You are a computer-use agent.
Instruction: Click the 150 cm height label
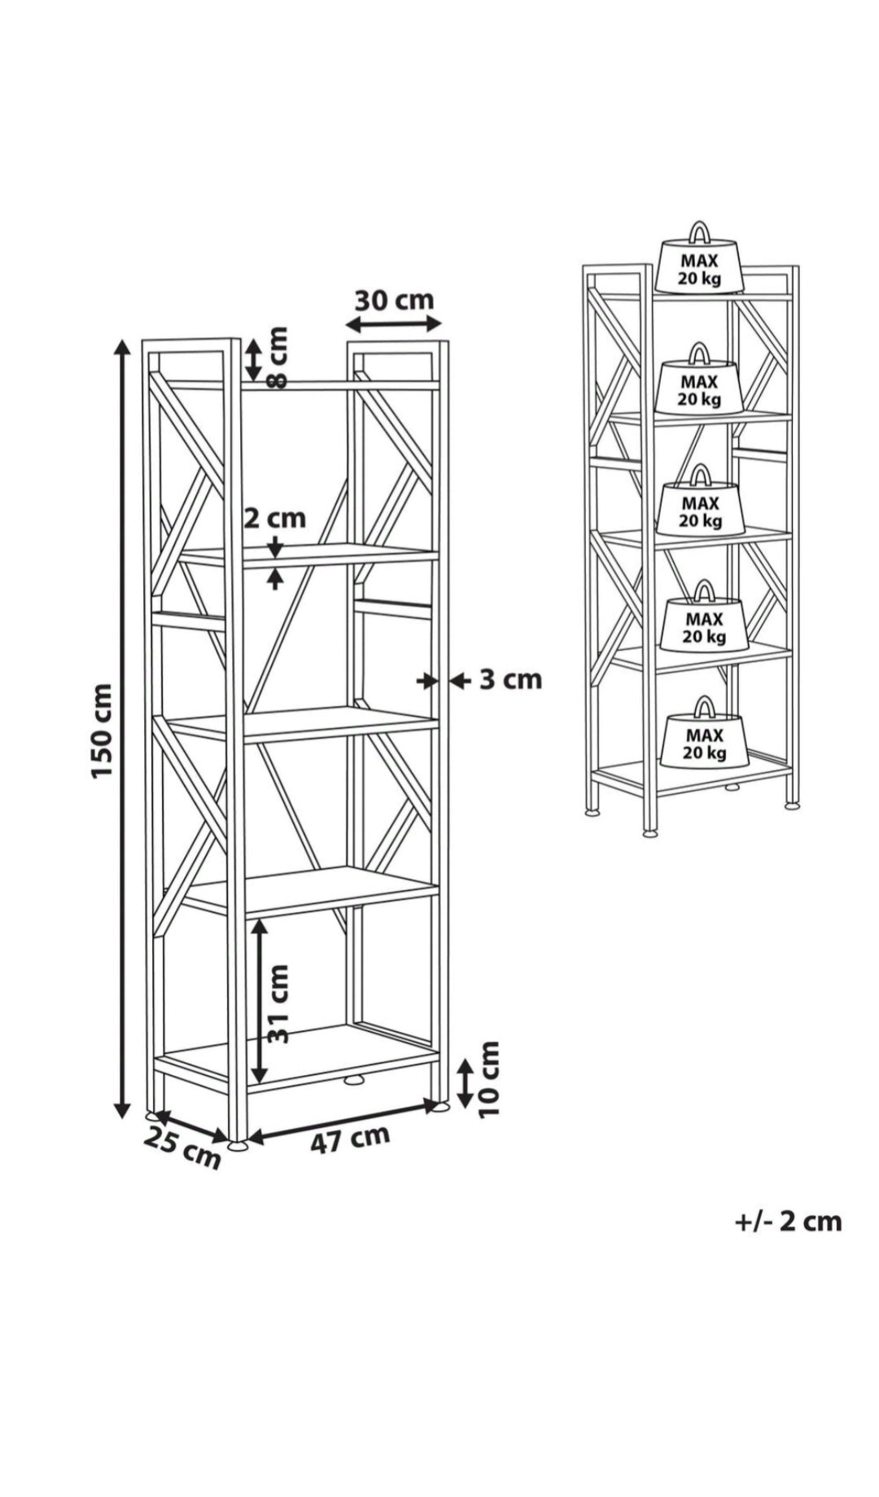(102, 731)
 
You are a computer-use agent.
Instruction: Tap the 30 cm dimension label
(395, 300)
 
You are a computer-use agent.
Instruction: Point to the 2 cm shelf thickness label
(275, 517)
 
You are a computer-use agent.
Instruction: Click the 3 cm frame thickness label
(510, 678)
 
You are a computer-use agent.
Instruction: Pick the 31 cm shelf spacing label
(278, 1003)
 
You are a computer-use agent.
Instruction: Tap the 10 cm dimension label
(488, 1079)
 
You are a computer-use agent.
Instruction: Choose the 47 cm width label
(351, 1138)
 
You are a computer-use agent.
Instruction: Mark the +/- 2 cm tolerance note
(788, 1222)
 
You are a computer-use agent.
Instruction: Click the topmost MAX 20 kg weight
(700, 257)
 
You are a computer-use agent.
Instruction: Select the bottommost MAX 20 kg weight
(705, 732)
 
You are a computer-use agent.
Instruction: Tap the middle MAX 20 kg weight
(701, 499)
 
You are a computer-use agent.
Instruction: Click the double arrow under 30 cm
(394, 324)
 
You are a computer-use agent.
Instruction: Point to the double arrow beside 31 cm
(259, 998)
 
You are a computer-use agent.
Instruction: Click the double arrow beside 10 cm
(464, 1083)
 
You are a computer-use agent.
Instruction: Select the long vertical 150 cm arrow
(121, 728)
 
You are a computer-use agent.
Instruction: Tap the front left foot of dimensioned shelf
(238, 1146)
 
